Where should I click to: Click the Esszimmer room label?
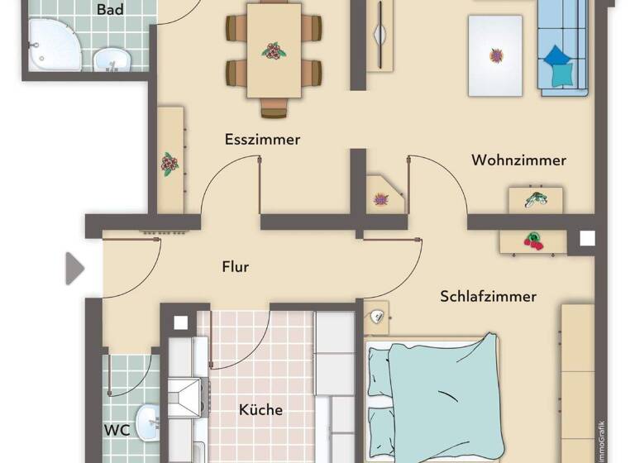[x=262, y=139]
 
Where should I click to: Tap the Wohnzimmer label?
[x=518, y=160]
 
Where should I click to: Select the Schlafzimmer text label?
[x=488, y=296]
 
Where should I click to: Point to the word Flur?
[x=236, y=266]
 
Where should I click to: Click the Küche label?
[x=260, y=409]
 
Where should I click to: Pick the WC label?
[x=117, y=431]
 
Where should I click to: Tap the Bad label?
[x=110, y=10]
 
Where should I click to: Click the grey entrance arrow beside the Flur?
[x=74, y=268]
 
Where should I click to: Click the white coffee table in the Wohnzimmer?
[x=496, y=55]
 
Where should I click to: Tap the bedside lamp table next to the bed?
[x=376, y=314]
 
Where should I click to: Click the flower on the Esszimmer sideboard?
[x=169, y=164]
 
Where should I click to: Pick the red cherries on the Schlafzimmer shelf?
[x=533, y=241]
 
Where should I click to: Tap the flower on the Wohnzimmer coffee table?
[x=496, y=56]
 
